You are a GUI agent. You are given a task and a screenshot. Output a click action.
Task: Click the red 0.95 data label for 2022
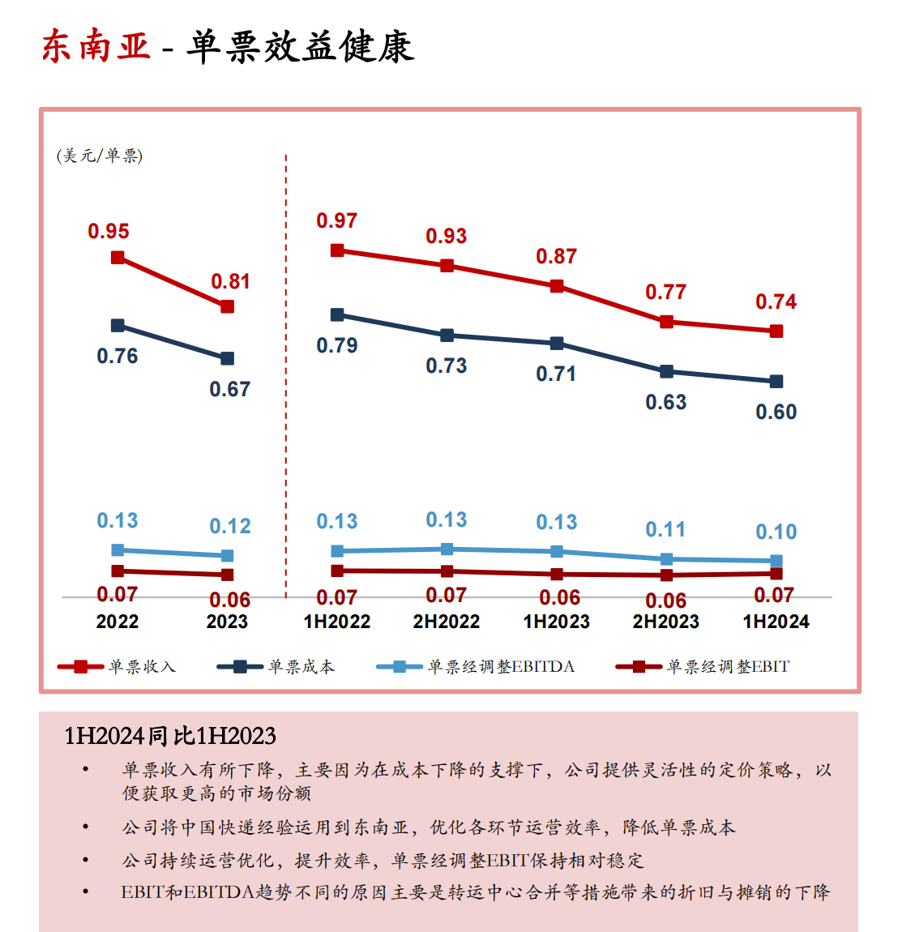pyautogui.click(x=109, y=232)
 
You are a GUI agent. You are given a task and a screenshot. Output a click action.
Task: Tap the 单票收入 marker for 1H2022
pyautogui.click(x=337, y=251)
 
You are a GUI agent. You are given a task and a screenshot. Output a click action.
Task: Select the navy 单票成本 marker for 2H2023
pyautogui.click(x=666, y=372)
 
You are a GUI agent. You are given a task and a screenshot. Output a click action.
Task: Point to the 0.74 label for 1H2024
pyautogui.click(x=776, y=302)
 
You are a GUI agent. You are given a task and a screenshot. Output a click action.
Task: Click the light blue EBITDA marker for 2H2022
pyautogui.click(x=447, y=549)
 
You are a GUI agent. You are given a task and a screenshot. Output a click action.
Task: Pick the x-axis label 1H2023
pyautogui.click(x=556, y=622)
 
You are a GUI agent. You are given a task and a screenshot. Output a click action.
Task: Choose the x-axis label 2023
pyautogui.click(x=227, y=622)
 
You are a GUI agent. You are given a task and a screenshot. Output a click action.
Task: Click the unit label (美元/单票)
pyautogui.click(x=100, y=156)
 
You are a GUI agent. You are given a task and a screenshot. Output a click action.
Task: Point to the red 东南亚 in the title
pyautogui.click(x=96, y=47)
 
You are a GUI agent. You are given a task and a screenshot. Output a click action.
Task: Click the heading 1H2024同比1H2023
pyautogui.click(x=170, y=736)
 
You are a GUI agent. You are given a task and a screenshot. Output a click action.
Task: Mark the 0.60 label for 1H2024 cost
pyautogui.click(x=776, y=413)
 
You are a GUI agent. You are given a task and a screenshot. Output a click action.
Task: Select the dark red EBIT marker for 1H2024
pyautogui.click(x=776, y=574)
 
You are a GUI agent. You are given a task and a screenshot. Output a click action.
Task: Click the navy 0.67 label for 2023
pyautogui.click(x=229, y=390)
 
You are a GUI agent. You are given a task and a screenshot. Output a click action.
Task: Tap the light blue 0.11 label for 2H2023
pyautogui.click(x=665, y=530)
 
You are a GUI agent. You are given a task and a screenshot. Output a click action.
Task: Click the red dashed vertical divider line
pyautogui.click(x=286, y=373)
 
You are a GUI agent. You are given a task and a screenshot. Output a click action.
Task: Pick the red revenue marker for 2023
pyautogui.click(x=228, y=307)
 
